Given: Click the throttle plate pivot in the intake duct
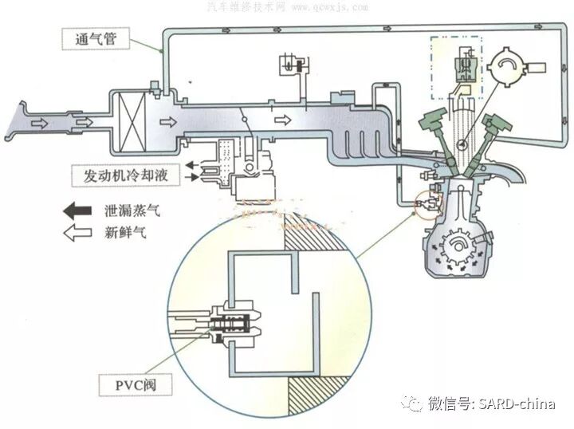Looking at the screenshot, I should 250,120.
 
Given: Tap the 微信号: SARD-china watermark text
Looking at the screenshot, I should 491,403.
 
